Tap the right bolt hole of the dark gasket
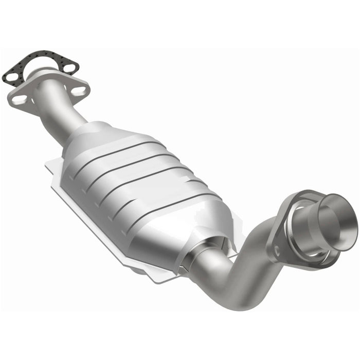[70, 66]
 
